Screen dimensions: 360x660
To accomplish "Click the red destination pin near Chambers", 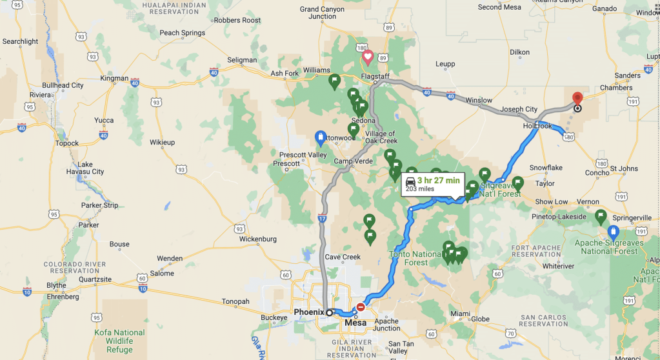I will click(x=577, y=98).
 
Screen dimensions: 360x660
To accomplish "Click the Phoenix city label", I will click(x=308, y=312).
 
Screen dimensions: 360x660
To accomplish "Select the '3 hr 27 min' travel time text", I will click(x=438, y=180).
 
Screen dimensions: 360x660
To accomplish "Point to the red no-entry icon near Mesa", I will click(x=360, y=308).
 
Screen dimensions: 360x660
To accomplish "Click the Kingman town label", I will click(x=114, y=78).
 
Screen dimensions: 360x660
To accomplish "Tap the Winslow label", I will click(x=479, y=101).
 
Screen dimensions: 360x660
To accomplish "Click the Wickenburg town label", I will click(x=257, y=239).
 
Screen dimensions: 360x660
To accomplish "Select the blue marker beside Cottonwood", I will click(x=320, y=137).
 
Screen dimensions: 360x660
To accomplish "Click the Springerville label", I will click(x=632, y=218).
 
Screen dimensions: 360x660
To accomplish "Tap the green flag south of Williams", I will click(x=334, y=81).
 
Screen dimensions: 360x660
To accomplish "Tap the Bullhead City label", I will click(x=63, y=85).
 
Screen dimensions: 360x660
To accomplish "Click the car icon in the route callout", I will click(x=410, y=181).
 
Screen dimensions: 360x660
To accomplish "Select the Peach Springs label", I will click(x=182, y=33).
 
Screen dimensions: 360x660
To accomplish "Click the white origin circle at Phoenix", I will click(x=329, y=312).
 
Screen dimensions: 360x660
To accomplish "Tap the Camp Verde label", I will click(x=353, y=161).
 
